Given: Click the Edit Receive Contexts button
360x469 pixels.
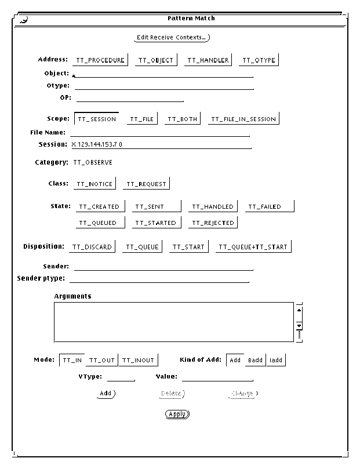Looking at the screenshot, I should [x=171, y=38].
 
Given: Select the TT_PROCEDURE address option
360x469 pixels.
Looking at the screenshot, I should [x=100, y=60].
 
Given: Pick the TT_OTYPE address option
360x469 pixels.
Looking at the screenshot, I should [x=259, y=60].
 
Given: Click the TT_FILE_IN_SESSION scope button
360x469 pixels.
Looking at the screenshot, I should [x=243, y=119].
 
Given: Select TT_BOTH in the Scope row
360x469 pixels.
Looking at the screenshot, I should [x=182, y=119].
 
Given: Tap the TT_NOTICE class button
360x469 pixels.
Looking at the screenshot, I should [x=94, y=184].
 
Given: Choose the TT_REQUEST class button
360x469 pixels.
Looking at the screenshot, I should [x=146, y=184].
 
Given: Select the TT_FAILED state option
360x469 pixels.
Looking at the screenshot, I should [x=269, y=206].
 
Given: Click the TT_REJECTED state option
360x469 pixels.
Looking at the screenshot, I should [x=213, y=223].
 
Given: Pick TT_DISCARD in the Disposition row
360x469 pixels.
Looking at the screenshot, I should [x=92, y=247].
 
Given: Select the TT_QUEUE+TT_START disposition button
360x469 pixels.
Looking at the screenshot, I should [x=253, y=247].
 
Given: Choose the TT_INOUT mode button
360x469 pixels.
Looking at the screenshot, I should [x=138, y=360].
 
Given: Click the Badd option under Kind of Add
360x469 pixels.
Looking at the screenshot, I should [x=255, y=360].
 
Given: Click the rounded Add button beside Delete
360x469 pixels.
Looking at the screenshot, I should [x=106, y=394].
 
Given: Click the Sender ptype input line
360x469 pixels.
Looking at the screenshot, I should [x=159, y=279].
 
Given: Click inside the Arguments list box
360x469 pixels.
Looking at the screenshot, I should [x=174, y=322].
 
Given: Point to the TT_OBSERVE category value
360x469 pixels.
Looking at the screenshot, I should [x=93, y=163].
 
